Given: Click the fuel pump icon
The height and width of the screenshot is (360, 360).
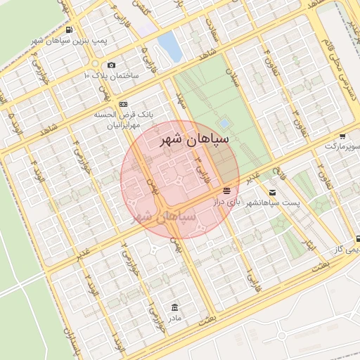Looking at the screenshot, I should pyautogui.click(x=68, y=30).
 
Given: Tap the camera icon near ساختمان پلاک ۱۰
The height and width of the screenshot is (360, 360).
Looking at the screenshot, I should pyautogui.click(x=111, y=65).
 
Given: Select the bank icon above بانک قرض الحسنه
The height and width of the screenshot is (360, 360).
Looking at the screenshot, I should pyautogui.click(x=124, y=103).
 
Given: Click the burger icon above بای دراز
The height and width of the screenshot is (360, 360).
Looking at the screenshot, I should pyautogui.click(x=227, y=191).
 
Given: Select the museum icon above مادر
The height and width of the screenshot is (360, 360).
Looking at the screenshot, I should pyautogui.click(x=174, y=307).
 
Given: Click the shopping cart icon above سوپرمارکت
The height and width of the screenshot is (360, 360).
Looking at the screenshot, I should pyautogui.click(x=342, y=137).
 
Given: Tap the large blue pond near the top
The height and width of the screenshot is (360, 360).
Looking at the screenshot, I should pyautogui.click(x=169, y=46).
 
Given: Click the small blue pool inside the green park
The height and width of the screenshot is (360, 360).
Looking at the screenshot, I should pyautogui.click(x=224, y=124).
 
